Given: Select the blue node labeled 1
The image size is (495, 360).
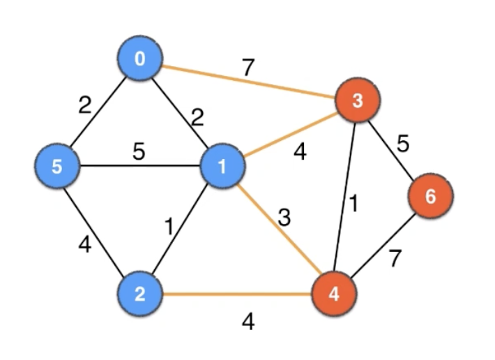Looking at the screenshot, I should [x=222, y=166].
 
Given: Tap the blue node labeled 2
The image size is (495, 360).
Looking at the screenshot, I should [x=140, y=293].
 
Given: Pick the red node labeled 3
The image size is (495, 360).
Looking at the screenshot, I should [x=358, y=101].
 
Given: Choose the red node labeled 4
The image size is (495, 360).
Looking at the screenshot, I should [x=334, y=293].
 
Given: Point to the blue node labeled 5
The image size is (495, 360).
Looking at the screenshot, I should [x=58, y=167].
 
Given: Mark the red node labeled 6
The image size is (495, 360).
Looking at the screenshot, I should [x=430, y=196].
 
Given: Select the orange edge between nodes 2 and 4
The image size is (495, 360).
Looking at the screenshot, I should [x=237, y=293].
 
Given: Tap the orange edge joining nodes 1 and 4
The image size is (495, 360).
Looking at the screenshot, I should [x=278, y=230].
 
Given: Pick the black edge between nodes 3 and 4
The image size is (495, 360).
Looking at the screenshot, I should [x=346, y=197].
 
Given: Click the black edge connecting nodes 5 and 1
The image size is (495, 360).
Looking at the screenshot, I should [x=139, y=167].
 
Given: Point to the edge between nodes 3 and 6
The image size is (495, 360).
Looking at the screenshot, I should [x=394, y=149].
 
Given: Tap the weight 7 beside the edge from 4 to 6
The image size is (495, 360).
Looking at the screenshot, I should [x=395, y=260].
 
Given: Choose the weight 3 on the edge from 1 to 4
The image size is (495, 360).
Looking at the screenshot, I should [x=284, y=217].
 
